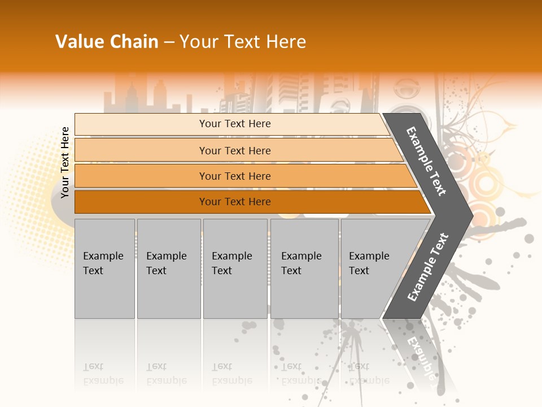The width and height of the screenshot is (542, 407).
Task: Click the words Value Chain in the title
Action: [107, 42]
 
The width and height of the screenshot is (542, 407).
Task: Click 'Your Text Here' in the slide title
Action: [243, 42]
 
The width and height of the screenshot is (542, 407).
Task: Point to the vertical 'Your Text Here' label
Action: [65, 163]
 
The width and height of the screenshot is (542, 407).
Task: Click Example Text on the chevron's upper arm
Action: [426, 161]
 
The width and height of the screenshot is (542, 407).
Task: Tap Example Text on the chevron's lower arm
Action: [427, 267]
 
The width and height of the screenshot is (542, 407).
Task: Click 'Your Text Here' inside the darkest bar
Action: [235, 202]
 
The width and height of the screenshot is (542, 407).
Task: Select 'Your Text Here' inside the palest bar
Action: [235, 124]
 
